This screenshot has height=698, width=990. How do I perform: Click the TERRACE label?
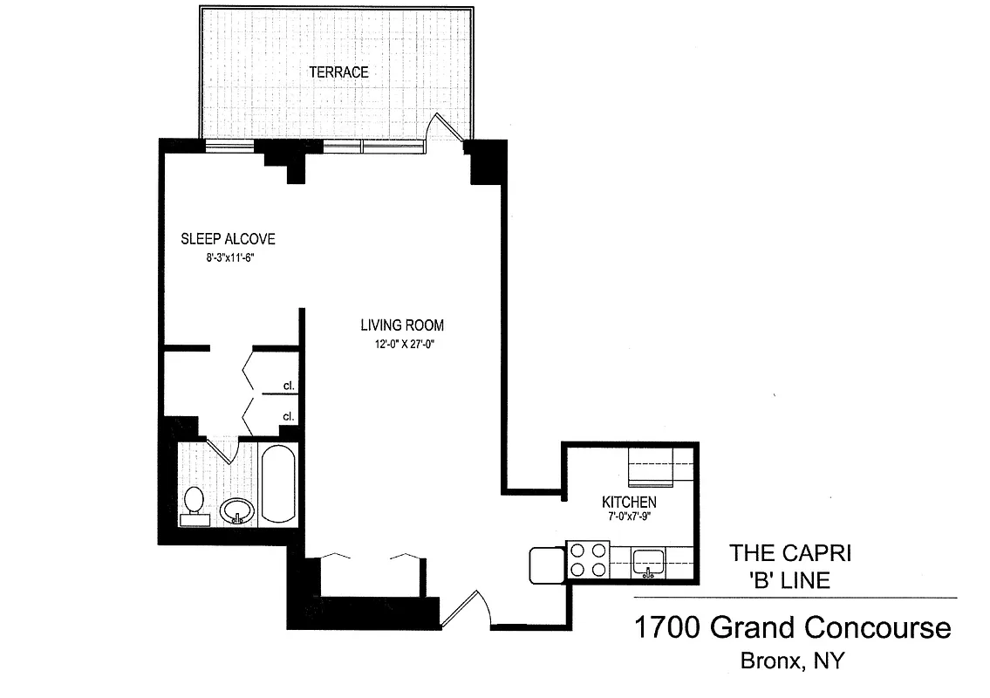click(338, 72)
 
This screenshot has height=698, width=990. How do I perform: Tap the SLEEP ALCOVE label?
click(228, 239)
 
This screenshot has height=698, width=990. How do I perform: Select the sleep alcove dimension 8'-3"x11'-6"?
click(217, 258)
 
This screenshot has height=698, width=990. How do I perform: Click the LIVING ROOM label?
click(402, 325)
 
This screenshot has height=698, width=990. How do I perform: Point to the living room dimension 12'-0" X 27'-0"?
click(402, 345)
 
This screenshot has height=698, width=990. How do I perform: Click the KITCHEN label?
click(629, 503)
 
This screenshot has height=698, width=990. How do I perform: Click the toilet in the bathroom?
click(195, 505)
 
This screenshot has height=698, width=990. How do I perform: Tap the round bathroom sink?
click(236, 510)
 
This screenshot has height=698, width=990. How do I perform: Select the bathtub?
click(278, 484)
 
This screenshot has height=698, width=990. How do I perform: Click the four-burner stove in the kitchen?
click(587, 560)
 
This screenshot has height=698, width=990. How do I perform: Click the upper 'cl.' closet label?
click(287, 385)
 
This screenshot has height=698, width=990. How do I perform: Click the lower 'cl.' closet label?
click(287, 416)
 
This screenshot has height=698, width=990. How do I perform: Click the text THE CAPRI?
click(790, 552)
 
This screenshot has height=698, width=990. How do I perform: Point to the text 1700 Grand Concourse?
click(792, 627)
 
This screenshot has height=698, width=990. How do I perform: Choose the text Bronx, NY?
click(792, 660)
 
